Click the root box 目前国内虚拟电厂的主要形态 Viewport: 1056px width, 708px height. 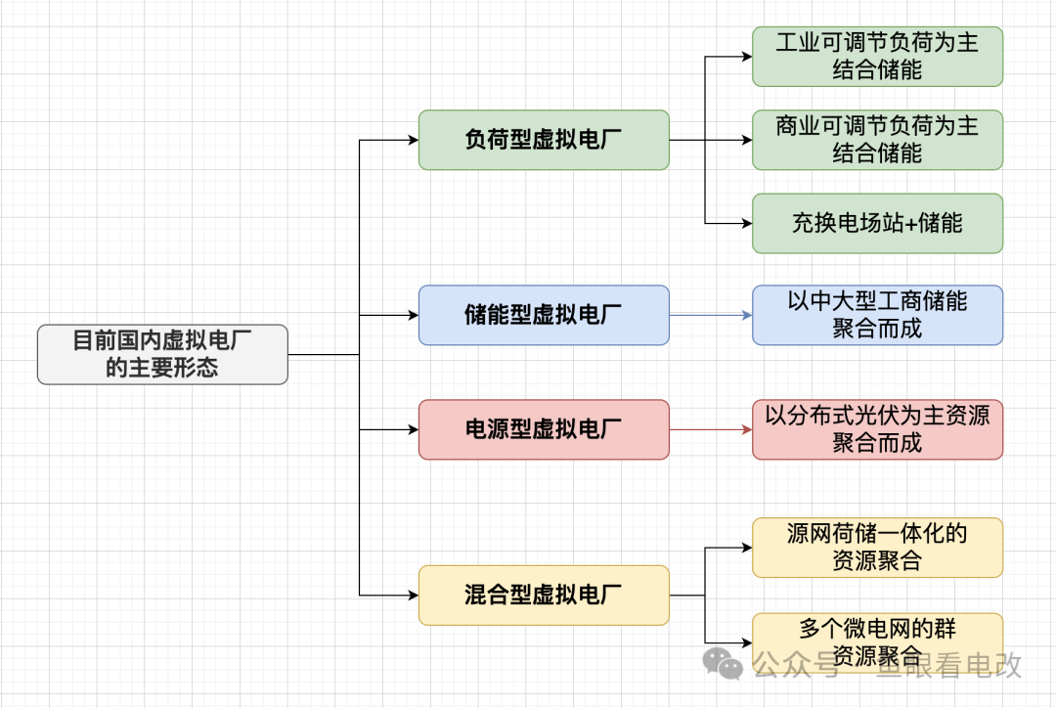point(162,354)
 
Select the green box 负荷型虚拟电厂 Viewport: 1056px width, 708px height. point(544,140)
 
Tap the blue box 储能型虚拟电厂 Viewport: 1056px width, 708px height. point(544,315)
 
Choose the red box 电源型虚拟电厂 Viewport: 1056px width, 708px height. point(544,429)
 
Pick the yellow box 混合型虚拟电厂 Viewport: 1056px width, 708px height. point(544,595)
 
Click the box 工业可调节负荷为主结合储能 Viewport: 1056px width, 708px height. point(877,57)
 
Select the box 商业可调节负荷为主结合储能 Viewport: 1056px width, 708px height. point(877,140)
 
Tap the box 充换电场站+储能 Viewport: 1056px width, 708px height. point(877,223)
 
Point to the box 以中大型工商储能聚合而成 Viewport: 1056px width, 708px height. point(877,315)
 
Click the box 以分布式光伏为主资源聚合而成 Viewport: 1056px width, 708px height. point(877,429)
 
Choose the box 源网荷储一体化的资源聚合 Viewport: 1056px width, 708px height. point(877,548)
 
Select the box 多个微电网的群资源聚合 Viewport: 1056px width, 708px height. point(877,642)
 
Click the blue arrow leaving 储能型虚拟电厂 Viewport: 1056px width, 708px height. point(710,315)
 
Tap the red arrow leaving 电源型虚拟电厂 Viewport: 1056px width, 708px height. point(710,429)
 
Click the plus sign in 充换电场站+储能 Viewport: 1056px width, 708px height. point(908,224)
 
